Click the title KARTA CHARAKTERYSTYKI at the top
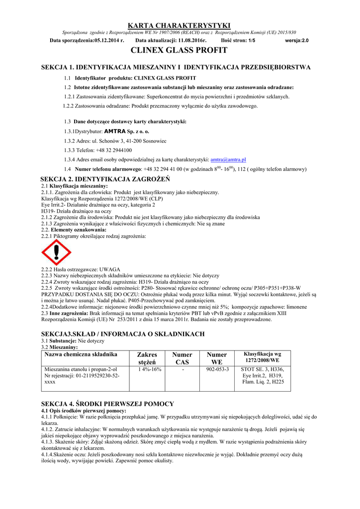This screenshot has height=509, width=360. tap(180, 25)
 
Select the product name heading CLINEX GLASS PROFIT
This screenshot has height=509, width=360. tap(180, 50)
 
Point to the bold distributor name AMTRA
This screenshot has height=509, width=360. tap(115, 132)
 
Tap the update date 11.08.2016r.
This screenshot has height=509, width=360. tap(178, 40)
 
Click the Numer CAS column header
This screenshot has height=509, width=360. tap(181, 358)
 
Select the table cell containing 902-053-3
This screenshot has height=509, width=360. tap(217, 370)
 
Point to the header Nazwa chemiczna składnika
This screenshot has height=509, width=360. tap(81, 354)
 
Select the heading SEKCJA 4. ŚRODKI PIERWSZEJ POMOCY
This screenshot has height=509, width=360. tap(107, 404)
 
